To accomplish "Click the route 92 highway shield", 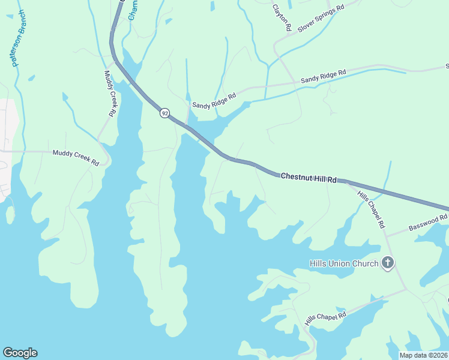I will [x=164, y=113].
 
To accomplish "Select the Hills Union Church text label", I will [x=343, y=263].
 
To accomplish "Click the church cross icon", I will [x=388, y=262].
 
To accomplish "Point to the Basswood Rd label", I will [x=428, y=223].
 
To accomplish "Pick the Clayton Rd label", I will [x=282, y=18].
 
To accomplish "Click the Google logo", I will [x=20, y=353].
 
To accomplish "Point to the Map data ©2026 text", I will [x=423, y=355].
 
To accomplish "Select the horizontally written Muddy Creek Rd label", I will [x=75, y=158].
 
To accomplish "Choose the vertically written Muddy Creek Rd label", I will [x=109, y=93].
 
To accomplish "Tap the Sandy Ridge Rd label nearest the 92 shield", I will [x=214, y=100].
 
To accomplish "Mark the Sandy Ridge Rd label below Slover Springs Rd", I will [x=324, y=76].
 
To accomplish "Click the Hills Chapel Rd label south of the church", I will [x=325, y=318].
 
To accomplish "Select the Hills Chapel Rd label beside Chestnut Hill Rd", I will [x=371, y=209].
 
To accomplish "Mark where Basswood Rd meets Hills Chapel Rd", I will [x=385, y=235].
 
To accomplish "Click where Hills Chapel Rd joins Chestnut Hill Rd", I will [x=347, y=181].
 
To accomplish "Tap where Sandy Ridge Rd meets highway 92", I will [x=188, y=127].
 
